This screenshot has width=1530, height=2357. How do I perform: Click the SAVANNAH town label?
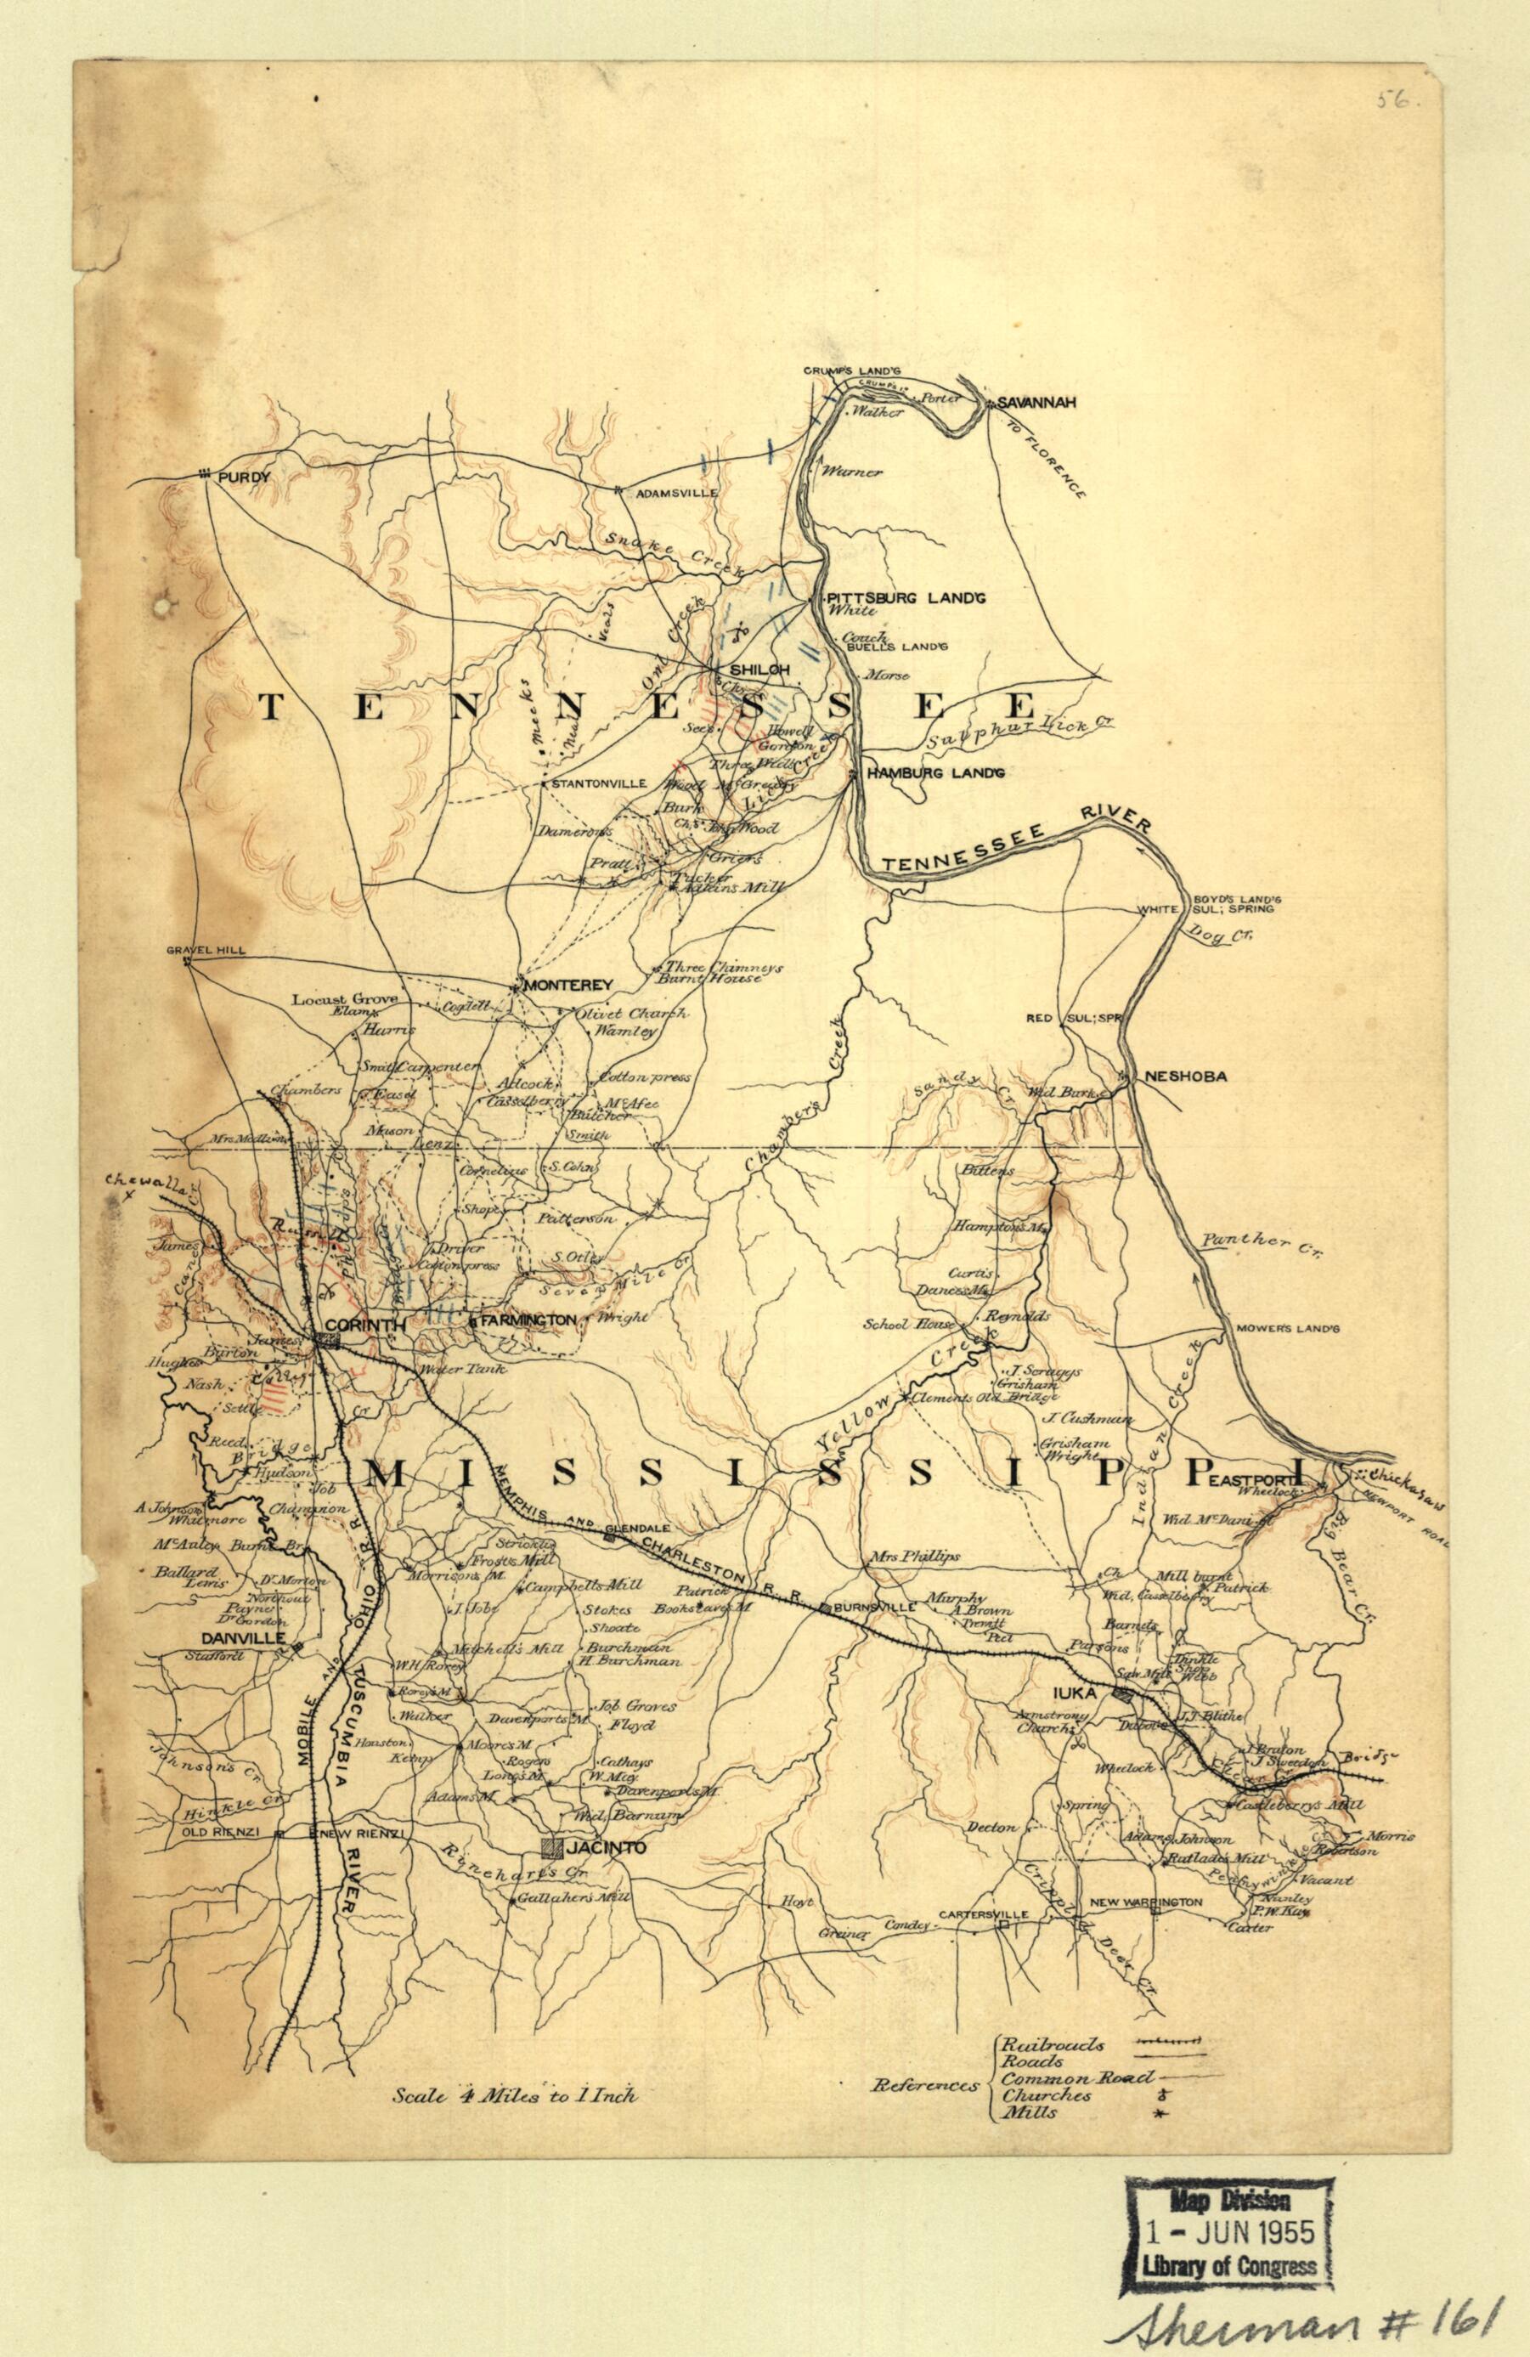[x=1035, y=402]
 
